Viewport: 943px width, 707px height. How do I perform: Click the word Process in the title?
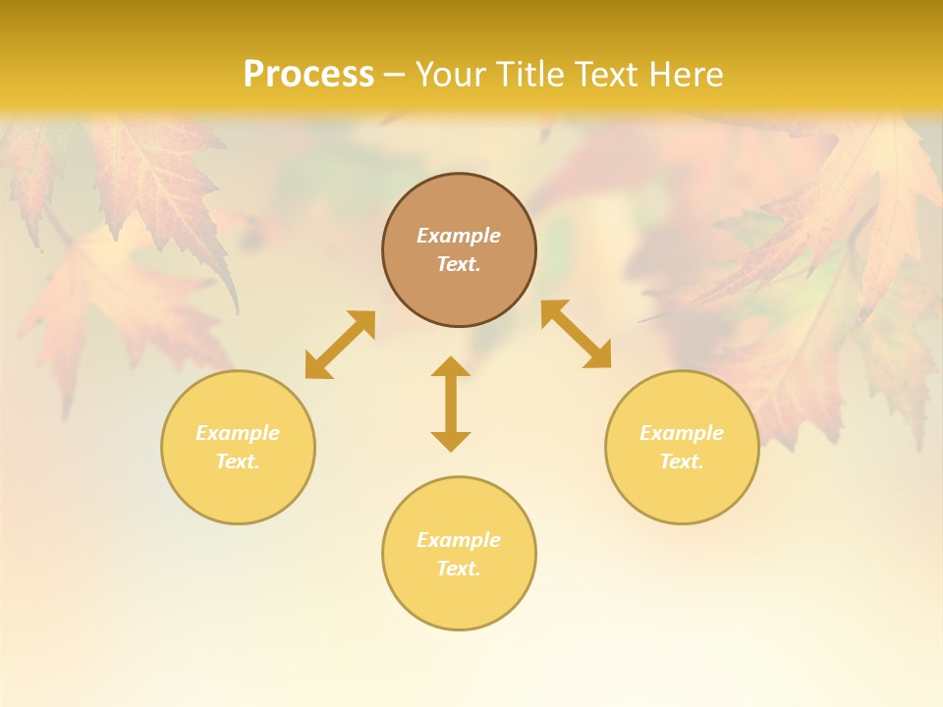point(308,75)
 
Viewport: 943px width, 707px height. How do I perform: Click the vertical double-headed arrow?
point(451,404)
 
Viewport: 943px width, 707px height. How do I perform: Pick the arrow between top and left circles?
point(340,345)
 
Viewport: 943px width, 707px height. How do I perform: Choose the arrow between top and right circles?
point(576,334)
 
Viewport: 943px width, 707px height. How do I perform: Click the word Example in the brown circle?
point(459,236)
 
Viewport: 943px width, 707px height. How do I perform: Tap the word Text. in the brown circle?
point(459,264)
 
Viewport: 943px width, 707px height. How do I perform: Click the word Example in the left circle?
point(238,433)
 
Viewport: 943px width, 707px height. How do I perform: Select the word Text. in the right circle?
point(682,462)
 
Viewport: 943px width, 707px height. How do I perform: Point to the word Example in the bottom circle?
point(459,540)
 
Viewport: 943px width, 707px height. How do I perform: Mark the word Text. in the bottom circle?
point(459,569)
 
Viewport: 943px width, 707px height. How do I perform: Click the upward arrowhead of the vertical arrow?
point(451,366)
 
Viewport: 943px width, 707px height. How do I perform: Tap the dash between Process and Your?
point(394,75)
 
